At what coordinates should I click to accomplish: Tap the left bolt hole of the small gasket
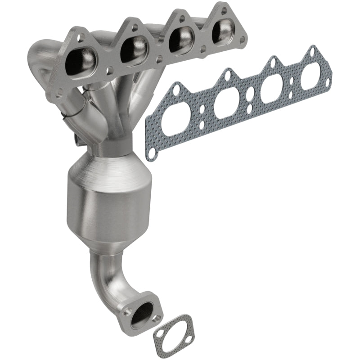pos(160,346)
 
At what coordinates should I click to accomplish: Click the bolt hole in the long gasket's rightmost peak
pos(310,50)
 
